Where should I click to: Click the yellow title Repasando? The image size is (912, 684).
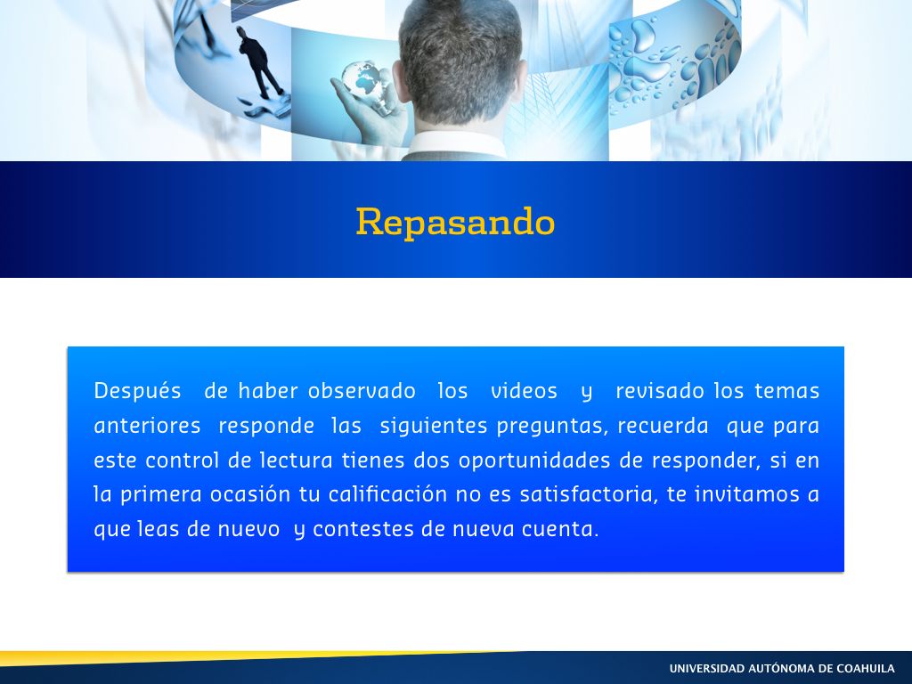point(455,222)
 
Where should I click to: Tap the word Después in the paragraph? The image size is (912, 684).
point(137,390)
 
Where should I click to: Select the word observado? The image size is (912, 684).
point(362,390)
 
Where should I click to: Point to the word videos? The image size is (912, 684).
point(524,390)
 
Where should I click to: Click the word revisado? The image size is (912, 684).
point(660,390)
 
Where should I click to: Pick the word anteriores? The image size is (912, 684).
point(147,426)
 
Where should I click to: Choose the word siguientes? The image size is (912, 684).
point(434,426)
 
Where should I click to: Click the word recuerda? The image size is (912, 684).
point(663,426)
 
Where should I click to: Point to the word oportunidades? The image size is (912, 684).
point(534,460)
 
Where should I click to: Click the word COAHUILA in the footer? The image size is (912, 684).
point(866,668)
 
